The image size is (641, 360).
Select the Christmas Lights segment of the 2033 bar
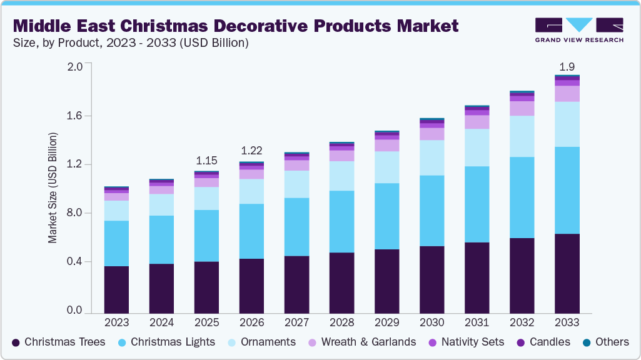(x=567, y=191)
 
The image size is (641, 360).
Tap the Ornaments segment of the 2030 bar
(x=432, y=157)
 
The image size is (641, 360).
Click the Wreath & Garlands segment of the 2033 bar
(x=567, y=94)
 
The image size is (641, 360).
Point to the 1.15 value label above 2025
(x=207, y=161)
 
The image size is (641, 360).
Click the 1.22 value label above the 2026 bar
(x=251, y=151)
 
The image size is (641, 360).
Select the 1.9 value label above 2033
(x=567, y=66)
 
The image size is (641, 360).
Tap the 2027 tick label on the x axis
(x=296, y=322)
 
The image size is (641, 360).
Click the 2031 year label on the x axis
(x=477, y=322)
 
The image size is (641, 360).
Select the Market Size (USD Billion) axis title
(x=53, y=188)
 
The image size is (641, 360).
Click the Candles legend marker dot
(x=521, y=342)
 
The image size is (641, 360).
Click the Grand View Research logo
(x=579, y=29)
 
